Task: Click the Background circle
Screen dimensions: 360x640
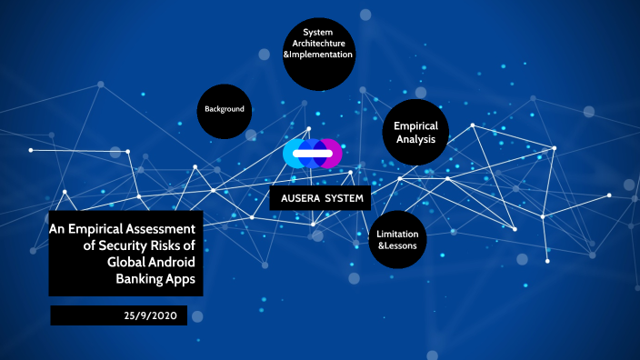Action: click(225, 110)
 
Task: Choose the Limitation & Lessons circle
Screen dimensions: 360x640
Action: click(397, 240)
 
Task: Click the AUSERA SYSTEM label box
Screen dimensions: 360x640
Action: click(320, 198)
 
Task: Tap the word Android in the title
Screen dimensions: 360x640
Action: click(172, 261)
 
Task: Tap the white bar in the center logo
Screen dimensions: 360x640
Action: click(312, 154)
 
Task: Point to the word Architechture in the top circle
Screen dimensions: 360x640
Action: click(317, 45)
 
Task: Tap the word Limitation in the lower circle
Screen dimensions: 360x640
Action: click(397, 234)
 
